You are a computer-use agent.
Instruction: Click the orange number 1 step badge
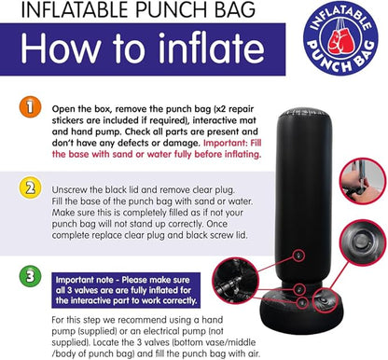click(30, 107)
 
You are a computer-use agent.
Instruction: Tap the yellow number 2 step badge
click(30, 187)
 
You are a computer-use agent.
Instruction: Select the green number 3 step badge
click(30, 276)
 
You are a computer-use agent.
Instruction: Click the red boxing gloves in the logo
click(340, 40)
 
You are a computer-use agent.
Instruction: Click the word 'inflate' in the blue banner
click(212, 48)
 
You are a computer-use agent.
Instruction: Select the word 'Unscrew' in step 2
click(69, 189)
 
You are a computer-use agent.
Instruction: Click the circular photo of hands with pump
click(363, 181)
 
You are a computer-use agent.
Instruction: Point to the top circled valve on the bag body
click(299, 256)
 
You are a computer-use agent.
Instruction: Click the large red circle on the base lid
click(325, 299)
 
